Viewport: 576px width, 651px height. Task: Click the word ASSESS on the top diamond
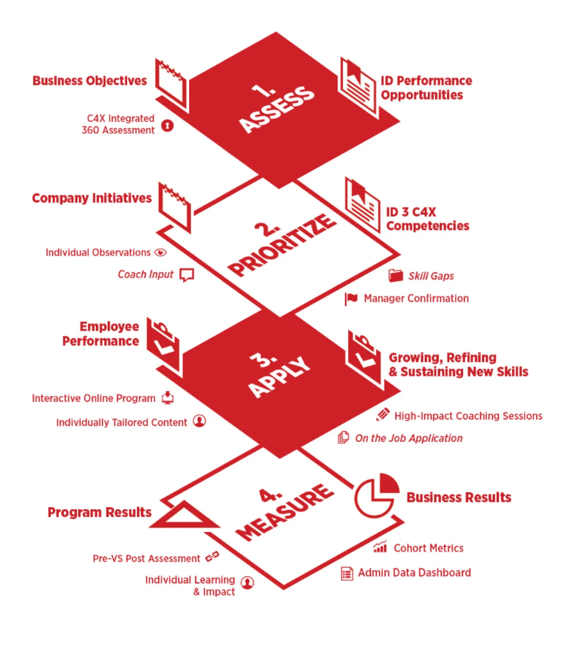[x=277, y=109]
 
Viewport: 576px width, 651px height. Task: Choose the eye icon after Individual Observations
[x=161, y=253]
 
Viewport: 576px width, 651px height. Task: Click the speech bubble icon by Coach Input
[x=186, y=275]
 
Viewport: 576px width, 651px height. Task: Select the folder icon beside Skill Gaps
[x=396, y=275]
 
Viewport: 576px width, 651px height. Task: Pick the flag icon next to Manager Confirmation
[x=351, y=299]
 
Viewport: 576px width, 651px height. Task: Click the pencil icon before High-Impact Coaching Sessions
[x=382, y=415]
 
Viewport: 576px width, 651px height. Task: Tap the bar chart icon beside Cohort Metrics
[x=380, y=547]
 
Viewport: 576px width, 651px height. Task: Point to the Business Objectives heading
[x=90, y=81]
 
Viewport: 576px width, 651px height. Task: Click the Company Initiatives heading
[x=92, y=198]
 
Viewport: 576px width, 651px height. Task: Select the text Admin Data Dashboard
[x=415, y=572]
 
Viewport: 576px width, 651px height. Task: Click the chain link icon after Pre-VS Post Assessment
[x=212, y=557]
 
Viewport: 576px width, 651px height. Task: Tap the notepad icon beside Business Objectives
[x=171, y=85]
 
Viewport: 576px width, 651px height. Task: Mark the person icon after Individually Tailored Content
[x=199, y=421]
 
